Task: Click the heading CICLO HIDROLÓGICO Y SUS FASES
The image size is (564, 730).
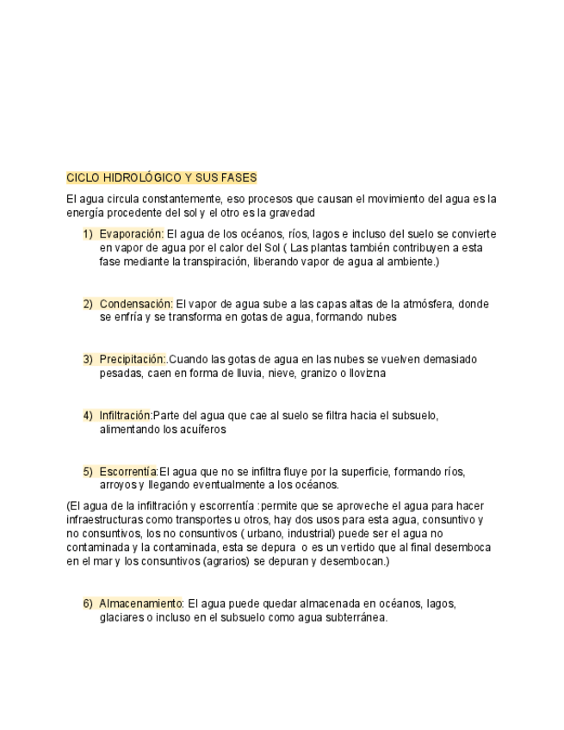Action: (x=161, y=177)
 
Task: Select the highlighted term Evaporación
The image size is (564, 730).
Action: (x=131, y=233)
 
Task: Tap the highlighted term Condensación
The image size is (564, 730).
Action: (x=136, y=303)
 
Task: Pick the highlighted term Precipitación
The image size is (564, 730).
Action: (x=132, y=359)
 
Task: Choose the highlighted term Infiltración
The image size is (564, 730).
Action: (x=126, y=416)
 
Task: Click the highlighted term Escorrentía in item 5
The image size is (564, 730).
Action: (x=128, y=472)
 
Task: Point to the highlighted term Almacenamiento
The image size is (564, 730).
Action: (x=141, y=603)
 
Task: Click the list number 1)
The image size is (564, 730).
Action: (x=88, y=233)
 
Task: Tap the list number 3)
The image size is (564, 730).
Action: (x=88, y=359)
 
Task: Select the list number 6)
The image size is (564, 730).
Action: (x=88, y=603)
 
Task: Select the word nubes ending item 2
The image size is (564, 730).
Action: (x=380, y=317)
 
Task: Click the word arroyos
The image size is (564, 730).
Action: (x=119, y=486)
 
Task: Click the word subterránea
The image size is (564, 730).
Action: (x=353, y=617)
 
